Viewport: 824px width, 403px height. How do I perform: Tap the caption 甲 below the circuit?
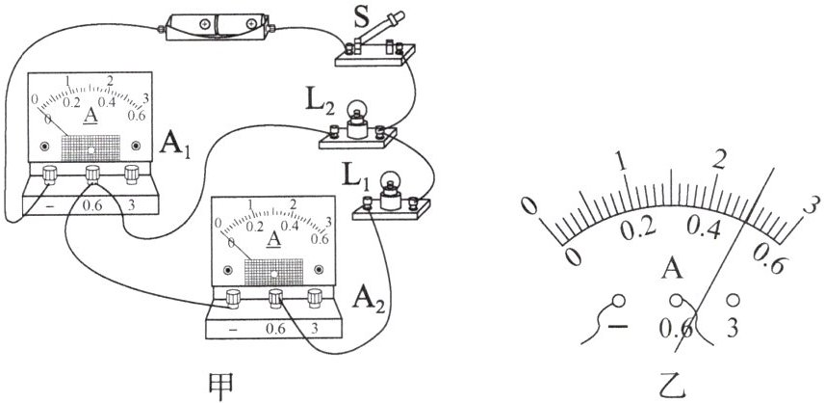coord(220,385)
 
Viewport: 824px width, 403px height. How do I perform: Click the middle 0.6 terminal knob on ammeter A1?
coord(92,174)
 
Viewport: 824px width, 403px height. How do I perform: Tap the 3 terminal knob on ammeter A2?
coord(314,298)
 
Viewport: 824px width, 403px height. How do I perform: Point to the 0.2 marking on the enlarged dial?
coord(638,229)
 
